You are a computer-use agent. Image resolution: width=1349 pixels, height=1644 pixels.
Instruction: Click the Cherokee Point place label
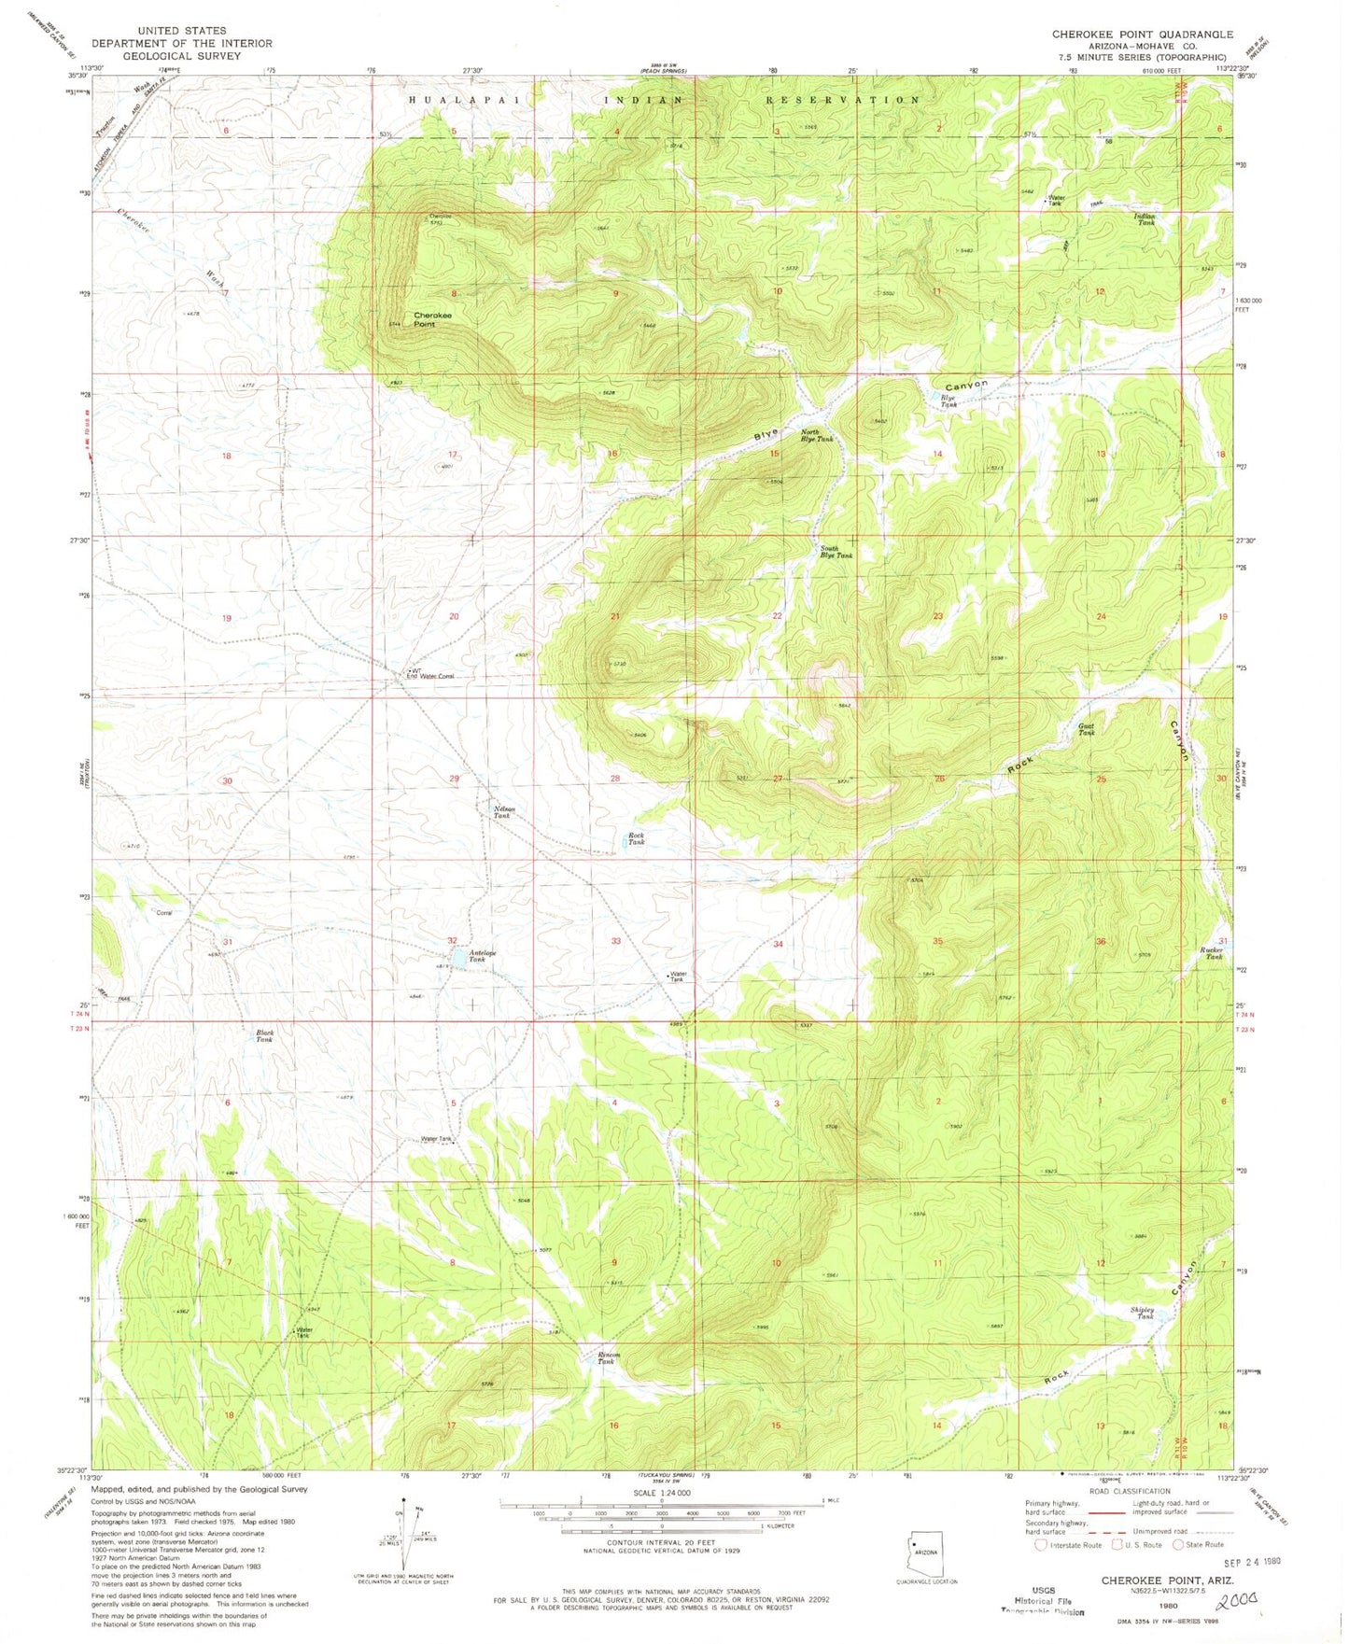coord(432,319)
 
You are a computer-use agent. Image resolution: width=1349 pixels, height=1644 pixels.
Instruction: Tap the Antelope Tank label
coord(477,956)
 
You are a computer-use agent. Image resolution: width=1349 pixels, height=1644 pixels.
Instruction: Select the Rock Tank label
coord(636,838)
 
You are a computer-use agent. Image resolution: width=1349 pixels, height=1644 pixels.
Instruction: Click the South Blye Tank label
coord(836,552)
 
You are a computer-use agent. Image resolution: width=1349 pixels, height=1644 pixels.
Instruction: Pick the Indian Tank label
coord(1145,219)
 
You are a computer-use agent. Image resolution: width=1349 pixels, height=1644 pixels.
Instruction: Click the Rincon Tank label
coord(608,1358)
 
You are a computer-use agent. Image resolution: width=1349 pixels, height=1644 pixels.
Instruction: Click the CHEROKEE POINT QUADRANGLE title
coord(1142,34)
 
